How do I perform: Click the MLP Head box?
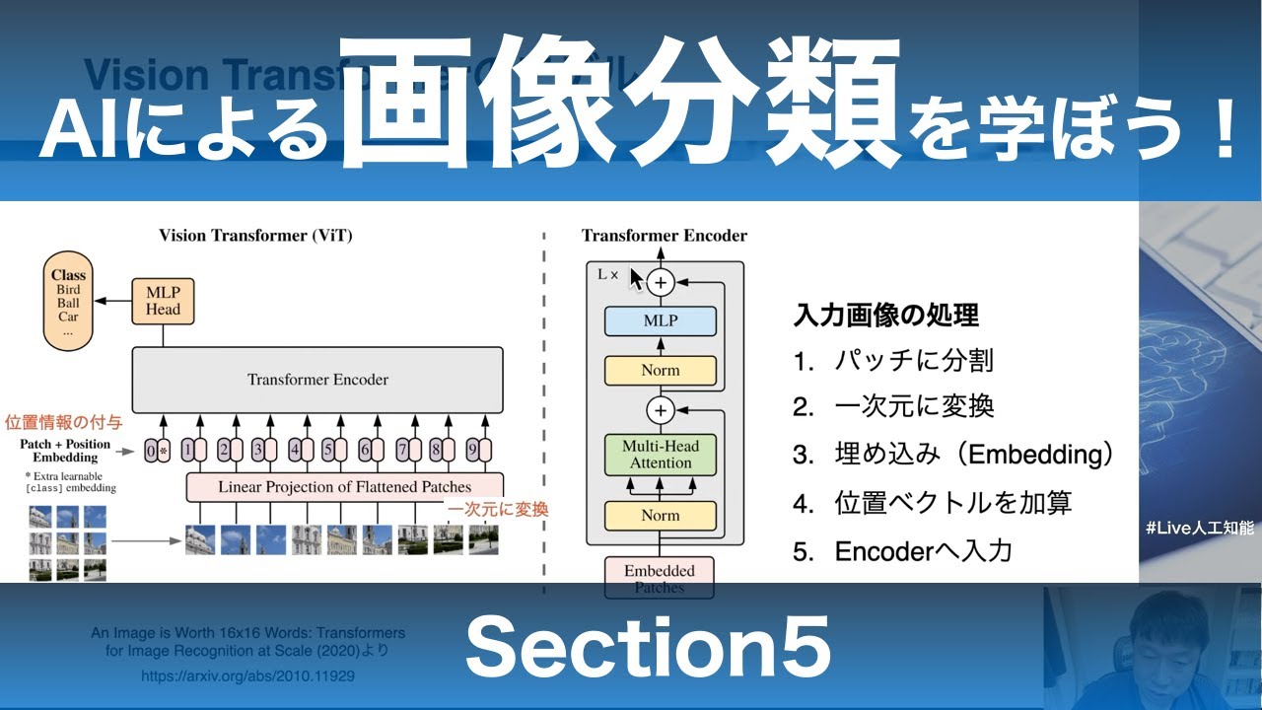click(163, 301)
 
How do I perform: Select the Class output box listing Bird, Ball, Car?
click(68, 303)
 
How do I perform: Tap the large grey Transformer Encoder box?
click(317, 380)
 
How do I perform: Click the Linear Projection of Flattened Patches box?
click(344, 487)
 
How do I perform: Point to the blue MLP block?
click(661, 321)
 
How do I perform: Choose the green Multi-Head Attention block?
click(661, 454)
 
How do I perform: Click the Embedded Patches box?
click(660, 578)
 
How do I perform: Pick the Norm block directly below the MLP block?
click(661, 371)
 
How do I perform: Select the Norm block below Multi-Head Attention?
click(661, 515)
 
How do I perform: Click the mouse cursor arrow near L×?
click(636, 280)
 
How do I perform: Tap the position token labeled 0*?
click(157, 451)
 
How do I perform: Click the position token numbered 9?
click(477, 451)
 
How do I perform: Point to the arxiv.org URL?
click(247, 676)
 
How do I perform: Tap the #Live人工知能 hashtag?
click(1199, 529)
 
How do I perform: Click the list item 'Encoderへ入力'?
click(923, 551)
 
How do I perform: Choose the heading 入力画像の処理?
click(885, 316)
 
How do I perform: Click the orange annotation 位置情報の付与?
click(64, 422)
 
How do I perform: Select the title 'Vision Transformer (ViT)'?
click(255, 236)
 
